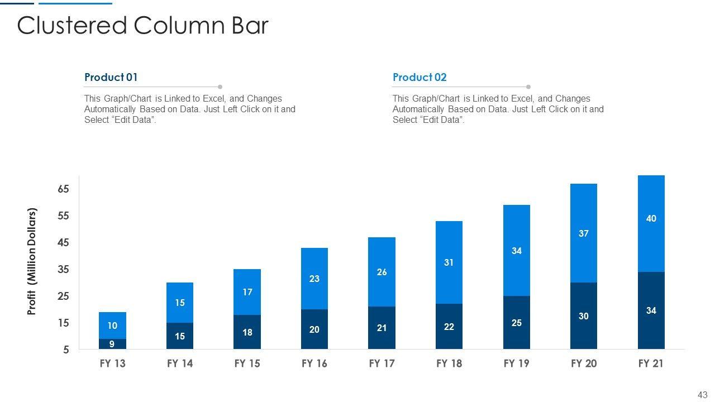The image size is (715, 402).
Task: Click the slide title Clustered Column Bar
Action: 143,26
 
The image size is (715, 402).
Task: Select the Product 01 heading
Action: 111,78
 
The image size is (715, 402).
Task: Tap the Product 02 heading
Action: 420,78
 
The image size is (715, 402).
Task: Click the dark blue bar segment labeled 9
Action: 112,344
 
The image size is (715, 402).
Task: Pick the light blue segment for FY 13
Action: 112,326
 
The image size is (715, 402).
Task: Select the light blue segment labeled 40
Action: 651,223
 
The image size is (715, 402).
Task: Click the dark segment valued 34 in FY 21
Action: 651,310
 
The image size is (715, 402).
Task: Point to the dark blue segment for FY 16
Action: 314,329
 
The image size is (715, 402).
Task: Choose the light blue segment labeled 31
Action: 449,262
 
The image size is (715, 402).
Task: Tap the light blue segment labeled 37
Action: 583,233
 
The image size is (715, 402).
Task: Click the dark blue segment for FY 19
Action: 516,323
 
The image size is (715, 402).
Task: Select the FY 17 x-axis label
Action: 382,364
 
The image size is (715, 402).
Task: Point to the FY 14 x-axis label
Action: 180,364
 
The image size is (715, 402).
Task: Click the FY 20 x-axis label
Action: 583,364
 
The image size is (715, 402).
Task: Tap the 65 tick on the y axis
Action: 63,189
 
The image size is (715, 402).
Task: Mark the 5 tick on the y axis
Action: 66,350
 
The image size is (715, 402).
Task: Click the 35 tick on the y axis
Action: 63,270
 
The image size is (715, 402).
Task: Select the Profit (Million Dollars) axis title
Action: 32,262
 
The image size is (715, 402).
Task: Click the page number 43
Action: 703,395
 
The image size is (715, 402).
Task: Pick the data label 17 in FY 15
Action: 247,292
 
